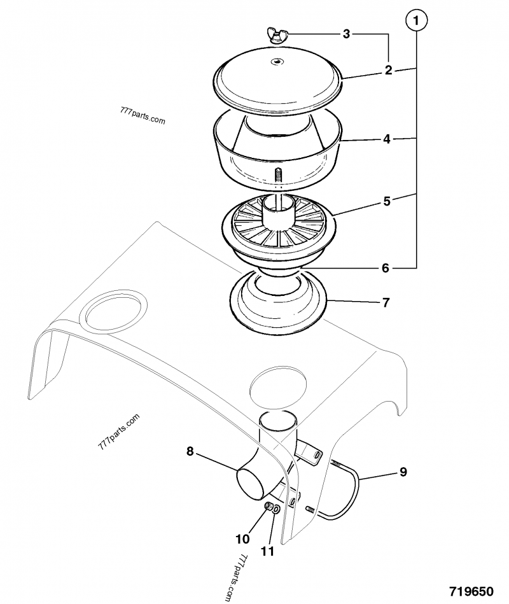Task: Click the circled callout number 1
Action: click(x=416, y=22)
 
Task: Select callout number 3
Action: click(x=346, y=34)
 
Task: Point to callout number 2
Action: click(x=388, y=71)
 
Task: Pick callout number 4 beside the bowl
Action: click(x=386, y=138)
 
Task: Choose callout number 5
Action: click(x=386, y=201)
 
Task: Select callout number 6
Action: click(x=385, y=268)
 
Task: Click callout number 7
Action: click(x=386, y=302)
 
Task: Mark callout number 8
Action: click(x=190, y=451)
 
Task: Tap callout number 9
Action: click(x=403, y=472)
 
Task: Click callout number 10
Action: click(x=242, y=538)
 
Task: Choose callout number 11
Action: click(x=268, y=551)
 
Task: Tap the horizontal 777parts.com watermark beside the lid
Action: click(x=142, y=116)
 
